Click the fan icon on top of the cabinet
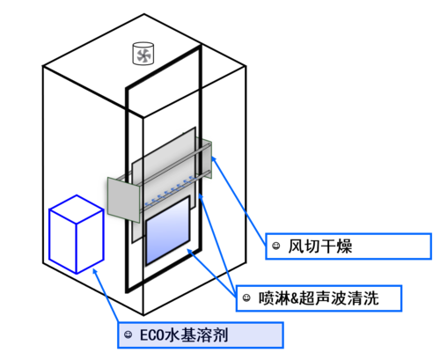click(x=142, y=55)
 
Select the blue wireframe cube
click(x=76, y=235)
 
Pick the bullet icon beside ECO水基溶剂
click(x=128, y=334)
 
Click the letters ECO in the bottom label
click(x=152, y=334)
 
